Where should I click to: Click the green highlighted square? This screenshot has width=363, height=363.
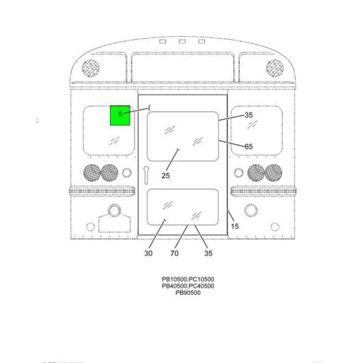point(120,114)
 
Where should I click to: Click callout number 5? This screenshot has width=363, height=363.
point(121,114)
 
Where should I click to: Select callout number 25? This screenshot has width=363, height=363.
point(165,176)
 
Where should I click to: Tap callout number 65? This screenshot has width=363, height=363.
point(248,147)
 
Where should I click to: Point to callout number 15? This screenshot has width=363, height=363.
point(235,226)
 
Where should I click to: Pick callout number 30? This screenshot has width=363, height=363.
point(148,253)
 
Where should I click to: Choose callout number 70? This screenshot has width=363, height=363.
point(174,253)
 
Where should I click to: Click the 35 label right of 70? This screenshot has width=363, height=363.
point(208,253)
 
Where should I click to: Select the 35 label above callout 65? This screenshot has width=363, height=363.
point(248,115)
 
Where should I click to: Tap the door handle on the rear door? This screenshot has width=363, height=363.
point(145,174)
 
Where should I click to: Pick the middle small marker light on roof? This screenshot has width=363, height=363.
point(182,42)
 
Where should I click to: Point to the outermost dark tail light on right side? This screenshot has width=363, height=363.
point(274,172)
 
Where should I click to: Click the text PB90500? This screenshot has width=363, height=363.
point(188,293)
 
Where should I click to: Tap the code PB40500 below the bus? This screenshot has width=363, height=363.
point(174,286)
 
